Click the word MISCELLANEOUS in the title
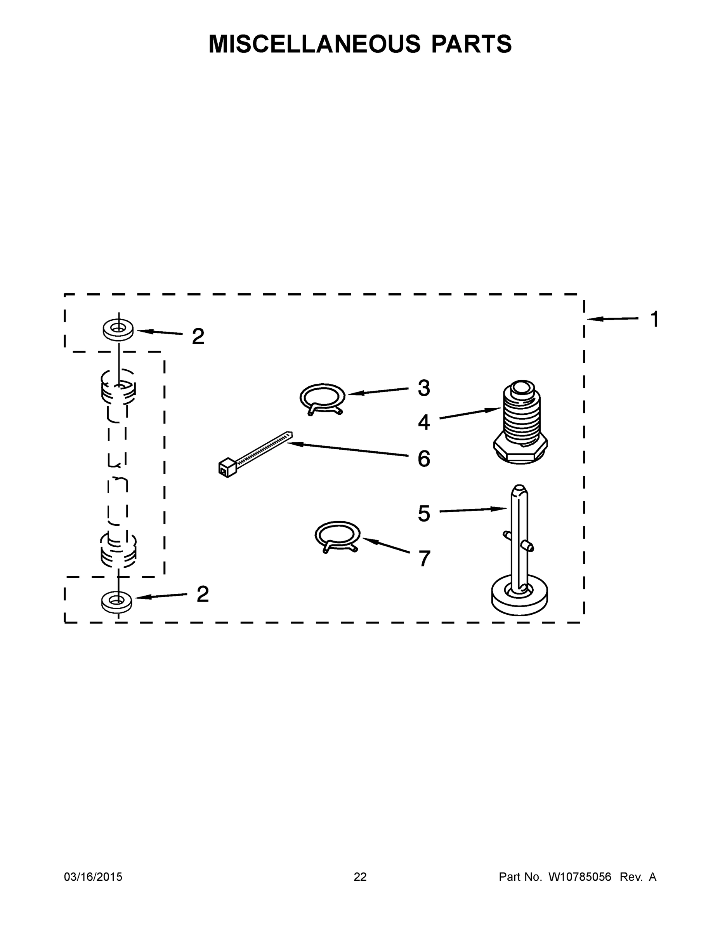point(314,44)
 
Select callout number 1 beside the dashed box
point(654,319)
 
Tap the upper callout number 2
point(198,336)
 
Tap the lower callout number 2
point(203,594)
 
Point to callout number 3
point(423,388)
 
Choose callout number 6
point(423,459)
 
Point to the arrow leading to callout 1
point(612,318)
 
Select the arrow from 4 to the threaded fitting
point(470,414)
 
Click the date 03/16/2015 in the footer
point(93,877)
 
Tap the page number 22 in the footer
point(360,877)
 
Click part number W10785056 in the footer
point(579,877)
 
